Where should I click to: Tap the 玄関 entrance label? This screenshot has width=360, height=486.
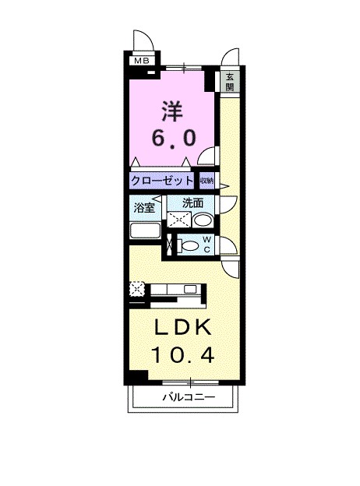pos(231,82)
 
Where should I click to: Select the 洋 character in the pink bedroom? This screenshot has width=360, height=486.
pos(172,109)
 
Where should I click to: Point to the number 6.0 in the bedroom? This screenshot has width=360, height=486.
pos(173,136)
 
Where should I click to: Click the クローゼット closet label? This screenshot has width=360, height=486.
pos(162,180)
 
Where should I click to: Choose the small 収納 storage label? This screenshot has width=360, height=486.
pos(206,180)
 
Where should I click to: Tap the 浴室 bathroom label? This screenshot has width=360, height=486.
pos(143,208)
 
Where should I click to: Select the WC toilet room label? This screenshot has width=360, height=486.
pos(206,244)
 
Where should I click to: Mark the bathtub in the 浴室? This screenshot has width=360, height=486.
pos(144,231)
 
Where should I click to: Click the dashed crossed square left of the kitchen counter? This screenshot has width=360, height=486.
pos(136,289)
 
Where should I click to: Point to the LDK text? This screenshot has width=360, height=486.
pos(182,326)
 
